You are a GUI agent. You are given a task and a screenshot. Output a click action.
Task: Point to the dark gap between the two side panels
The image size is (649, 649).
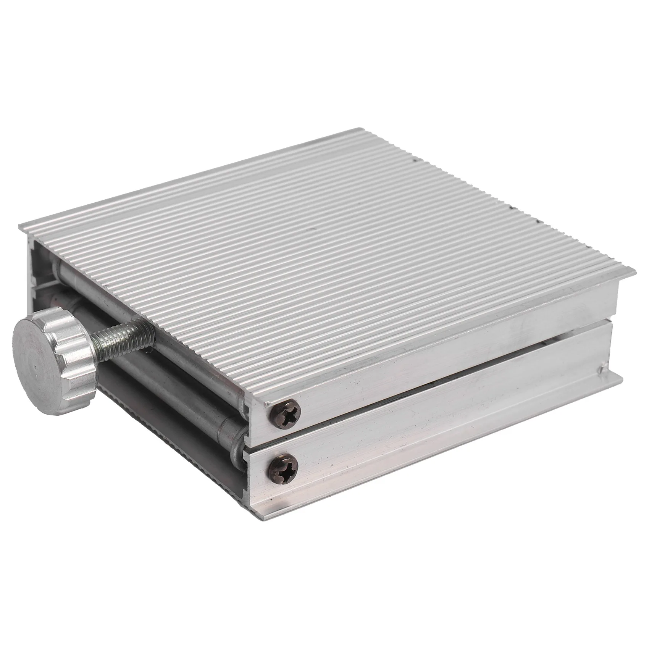pyautogui.click(x=458, y=376)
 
